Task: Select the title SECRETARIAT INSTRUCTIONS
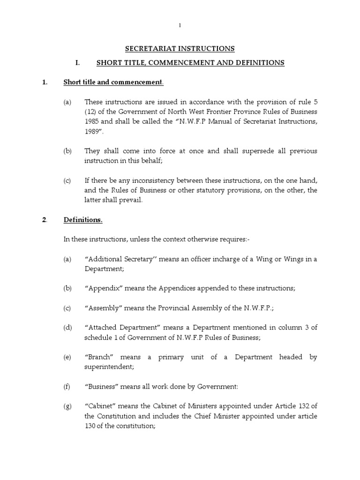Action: point(180,49)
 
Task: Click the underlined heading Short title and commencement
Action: point(113,82)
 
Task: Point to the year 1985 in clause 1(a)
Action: point(92,122)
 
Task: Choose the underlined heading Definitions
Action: point(83,220)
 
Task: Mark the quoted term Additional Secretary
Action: point(120,260)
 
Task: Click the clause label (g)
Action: point(67,406)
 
